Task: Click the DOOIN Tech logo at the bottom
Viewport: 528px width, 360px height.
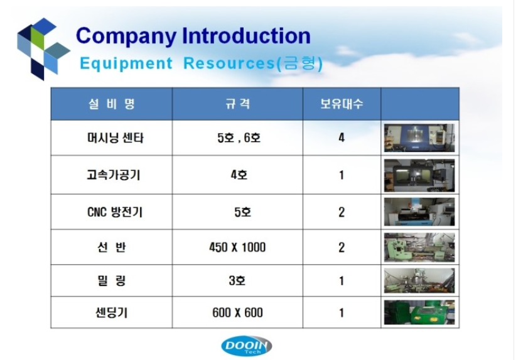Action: click(247, 346)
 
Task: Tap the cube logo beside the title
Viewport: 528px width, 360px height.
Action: click(43, 49)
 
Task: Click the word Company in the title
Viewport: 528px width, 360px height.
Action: click(126, 36)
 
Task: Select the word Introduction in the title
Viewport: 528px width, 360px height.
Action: click(246, 35)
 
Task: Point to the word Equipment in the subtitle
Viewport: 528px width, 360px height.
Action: click(126, 63)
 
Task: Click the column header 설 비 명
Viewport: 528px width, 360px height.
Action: click(112, 104)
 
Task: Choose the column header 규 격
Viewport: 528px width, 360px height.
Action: click(238, 104)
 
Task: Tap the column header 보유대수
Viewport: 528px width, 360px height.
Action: click(342, 104)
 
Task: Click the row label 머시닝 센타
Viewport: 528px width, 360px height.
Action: click(115, 138)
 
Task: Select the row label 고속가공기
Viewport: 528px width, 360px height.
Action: click(114, 175)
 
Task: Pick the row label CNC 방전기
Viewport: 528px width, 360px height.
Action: click(115, 212)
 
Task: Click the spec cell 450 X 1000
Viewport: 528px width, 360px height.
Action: click(237, 247)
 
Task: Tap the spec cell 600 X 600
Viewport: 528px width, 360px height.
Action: click(237, 312)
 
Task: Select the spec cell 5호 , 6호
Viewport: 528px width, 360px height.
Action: click(239, 138)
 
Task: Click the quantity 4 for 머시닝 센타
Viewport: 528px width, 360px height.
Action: click(342, 138)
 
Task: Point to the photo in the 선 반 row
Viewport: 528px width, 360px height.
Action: click(419, 248)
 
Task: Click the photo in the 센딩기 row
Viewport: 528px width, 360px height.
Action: click(419, 312)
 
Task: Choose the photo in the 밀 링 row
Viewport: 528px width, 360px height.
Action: click(419, 280)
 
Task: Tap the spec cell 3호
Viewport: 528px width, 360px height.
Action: click(237, 280)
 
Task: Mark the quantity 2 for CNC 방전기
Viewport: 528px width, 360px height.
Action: click(342, 212)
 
